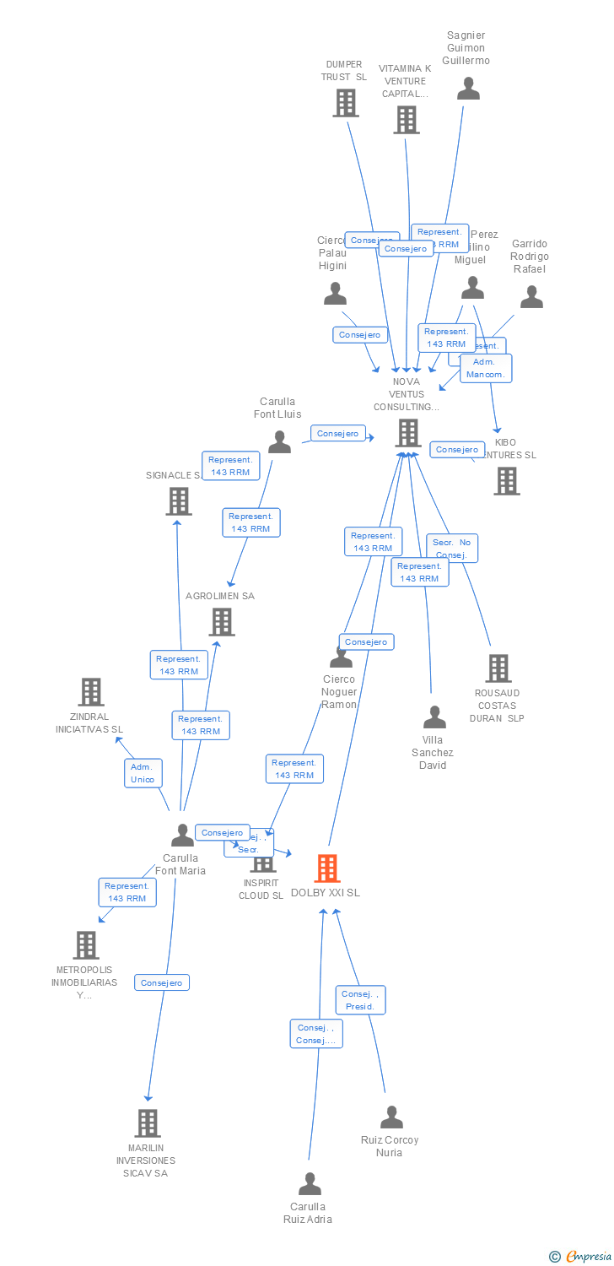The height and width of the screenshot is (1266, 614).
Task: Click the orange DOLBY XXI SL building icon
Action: [327, 868]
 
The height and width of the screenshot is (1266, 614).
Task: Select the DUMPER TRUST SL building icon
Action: [345, 102]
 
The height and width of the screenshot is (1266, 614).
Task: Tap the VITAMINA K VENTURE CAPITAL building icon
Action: [406, 119]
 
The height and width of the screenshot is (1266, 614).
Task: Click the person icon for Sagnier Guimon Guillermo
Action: [468, 89]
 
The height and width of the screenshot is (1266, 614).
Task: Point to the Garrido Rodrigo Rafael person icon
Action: [531, 297]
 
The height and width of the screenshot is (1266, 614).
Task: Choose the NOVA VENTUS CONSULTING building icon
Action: [408, 433]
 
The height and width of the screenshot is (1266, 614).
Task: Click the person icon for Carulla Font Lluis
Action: [279, 441]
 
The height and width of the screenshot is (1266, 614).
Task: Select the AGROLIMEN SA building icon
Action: [222, 622]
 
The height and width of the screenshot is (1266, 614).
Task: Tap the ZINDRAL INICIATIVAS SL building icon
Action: [91, 692]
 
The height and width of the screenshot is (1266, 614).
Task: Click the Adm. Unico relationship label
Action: [143, 773]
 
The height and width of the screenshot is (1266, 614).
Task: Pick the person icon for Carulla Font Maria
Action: [182, 836]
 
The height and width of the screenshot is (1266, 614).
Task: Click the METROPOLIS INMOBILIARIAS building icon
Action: [86, 945]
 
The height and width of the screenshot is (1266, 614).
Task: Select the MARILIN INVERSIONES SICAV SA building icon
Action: [148, 1123]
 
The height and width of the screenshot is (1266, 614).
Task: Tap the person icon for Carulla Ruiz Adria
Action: [310, 1183]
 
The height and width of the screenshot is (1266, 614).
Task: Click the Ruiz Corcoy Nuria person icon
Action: [391, 1117]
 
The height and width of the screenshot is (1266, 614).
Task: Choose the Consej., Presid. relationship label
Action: [360, 1000]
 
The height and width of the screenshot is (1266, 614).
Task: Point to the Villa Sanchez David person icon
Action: [434, 717]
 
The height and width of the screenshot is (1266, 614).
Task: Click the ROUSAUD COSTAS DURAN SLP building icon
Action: [498, 668]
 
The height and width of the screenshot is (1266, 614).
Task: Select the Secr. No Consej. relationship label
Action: [452, 549]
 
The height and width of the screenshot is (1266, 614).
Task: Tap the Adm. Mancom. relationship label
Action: [485, 368]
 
